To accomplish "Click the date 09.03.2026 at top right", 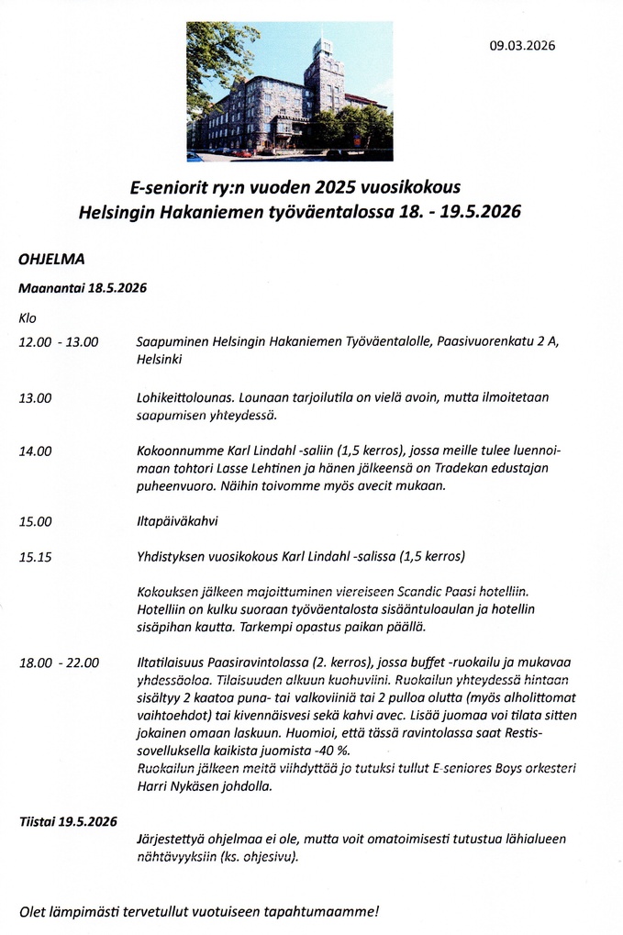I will click(x=521, y=45).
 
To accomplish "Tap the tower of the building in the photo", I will click(x=324, y=73).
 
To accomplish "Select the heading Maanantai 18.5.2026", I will click(x=83, y=287).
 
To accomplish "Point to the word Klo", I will click(x=28, y=317).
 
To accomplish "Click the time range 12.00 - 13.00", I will click(x=58, y=342).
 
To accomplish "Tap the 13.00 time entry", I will click(x=36, y=398).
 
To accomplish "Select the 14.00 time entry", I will click(x=36, y=451).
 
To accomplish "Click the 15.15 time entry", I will click(x=36, y=556).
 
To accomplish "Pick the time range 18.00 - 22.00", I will click(x=59, y=662).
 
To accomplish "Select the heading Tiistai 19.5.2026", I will click(x=68, y=821).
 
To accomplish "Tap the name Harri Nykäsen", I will click(x=178, y=786).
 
